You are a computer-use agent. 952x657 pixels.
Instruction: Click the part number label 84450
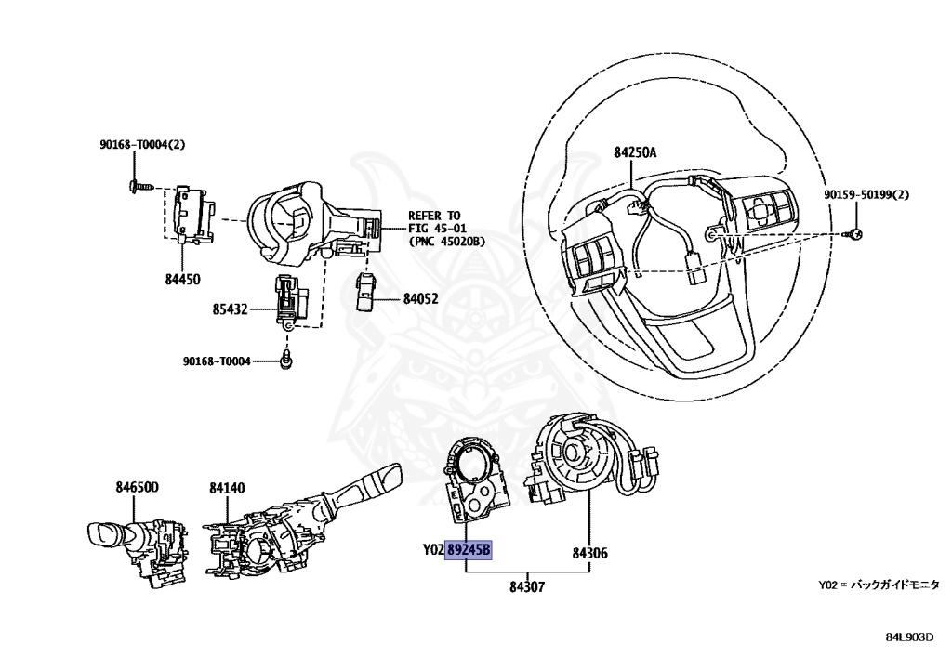pyautogui.click(x=182, y=279)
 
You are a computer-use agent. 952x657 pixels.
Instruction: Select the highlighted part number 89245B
pyautogui.click(x=469, y=551)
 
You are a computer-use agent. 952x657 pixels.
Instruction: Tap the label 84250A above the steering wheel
pyautogui.click(x=634, y=152)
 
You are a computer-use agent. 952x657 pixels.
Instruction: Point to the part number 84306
pyautogui.click(x=589, y=553)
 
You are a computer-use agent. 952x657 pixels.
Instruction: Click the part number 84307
pyautogui.click(x=527, y=586)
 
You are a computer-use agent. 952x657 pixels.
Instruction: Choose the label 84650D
pyautogui.click(x=138, y=487)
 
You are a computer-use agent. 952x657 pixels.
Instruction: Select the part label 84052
pyautogui.click(x=421, y=299)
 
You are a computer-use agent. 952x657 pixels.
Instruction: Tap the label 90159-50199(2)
pyautogui.click(x=866, y=195)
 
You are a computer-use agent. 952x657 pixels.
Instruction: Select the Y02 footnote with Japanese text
pyautogui.click(x=879, y=585)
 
